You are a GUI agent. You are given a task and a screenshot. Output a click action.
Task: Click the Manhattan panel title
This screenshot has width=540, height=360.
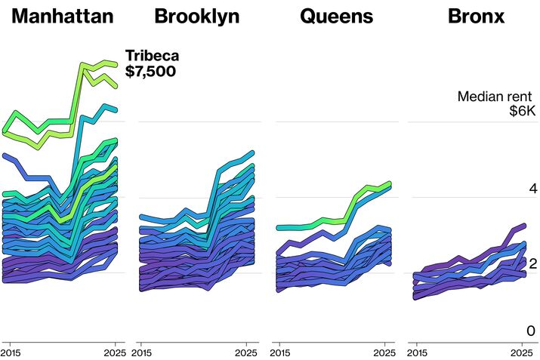pyautogui.click(x=63, y=16)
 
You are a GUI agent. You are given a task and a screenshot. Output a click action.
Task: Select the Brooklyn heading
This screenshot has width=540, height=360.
pyautogui.click(x=197, y=16)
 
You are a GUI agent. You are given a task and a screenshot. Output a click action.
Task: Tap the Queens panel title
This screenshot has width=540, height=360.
pyautogui.click(x=336, y=16)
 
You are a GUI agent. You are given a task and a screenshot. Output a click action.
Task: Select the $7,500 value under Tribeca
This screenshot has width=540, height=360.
pyautogui.click(x=150, y=72)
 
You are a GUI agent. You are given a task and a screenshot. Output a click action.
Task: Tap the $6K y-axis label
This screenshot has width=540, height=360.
pyautogui.click(x=522, y=112)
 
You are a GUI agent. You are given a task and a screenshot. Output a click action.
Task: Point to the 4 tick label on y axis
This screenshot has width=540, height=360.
pyautogui.click(x=531, y=188)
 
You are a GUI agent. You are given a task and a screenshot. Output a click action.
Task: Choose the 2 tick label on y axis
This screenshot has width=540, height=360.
pyautogui.click(x=531, y=263)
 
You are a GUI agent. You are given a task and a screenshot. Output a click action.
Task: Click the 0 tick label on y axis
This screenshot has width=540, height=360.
pyautogui.click(x=531, y=331)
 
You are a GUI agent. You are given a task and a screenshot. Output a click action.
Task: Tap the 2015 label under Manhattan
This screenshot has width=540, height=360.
pyautogui.click(x=11, y=352)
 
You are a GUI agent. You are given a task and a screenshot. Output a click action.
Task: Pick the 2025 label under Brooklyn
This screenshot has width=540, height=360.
pyautogui.click(x=246, y=352)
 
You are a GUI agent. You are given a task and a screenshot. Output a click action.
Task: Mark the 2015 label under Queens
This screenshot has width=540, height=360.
pyautogui.click(x=281, y=352)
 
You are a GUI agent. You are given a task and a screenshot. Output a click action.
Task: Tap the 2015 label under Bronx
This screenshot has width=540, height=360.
pyautogui.click(x=418, y=352)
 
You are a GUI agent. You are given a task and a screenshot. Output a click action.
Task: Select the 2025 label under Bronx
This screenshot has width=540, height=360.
pyautogui.click(x=520, y=352)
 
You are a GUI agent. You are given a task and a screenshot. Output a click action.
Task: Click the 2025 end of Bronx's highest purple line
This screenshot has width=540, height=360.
pyautogui.click(x=523, y=226)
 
